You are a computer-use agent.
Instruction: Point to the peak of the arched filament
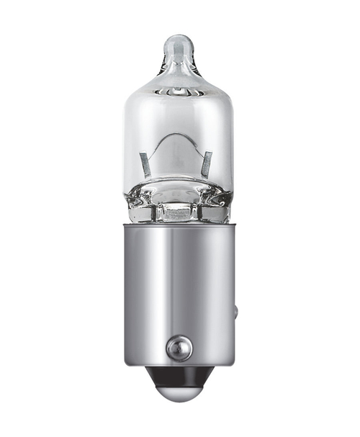[x=178, y=136]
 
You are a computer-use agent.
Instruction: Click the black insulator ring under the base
[x=179, y=376]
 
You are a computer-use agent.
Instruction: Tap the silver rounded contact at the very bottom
[x=179, y=392]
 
